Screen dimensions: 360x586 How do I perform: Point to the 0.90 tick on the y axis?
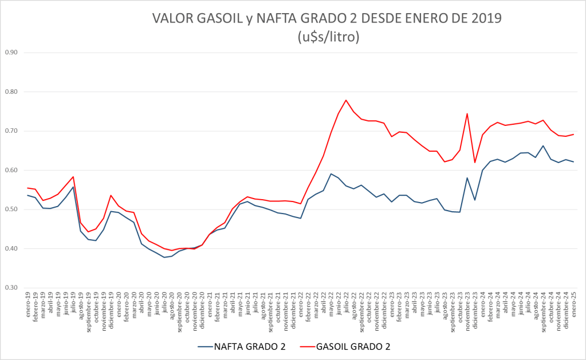[11, 53]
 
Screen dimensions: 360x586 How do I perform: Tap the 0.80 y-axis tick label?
[11, 92]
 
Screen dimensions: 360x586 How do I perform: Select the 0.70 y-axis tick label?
[11, 131]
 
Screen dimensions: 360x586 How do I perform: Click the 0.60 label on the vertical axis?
[11, 170]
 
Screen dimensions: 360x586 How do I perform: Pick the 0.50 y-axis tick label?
[11, 209]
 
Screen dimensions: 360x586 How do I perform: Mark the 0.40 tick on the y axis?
[11, 248]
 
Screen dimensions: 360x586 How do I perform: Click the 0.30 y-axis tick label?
[11, 288]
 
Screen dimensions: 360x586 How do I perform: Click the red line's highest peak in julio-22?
[346, 100]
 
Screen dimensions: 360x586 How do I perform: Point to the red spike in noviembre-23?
[467, 113]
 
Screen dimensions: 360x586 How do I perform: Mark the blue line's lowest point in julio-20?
[164, 257]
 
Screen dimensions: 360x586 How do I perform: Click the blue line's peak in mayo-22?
[331, 173]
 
